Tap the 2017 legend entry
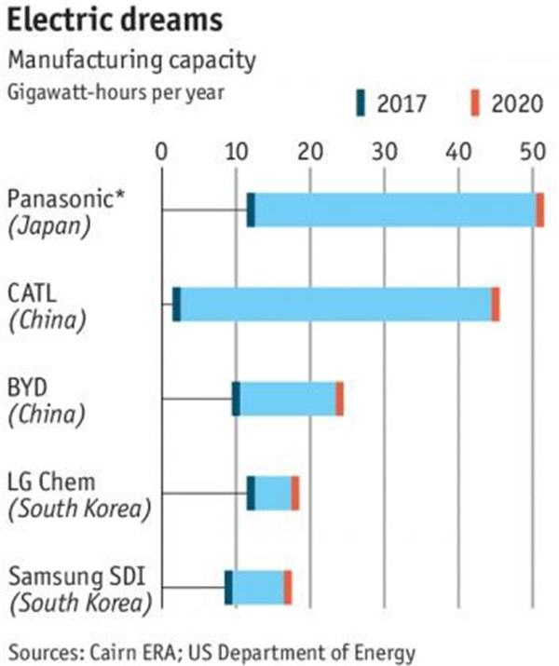[x=390, y=102]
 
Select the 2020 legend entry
[x=506, y=102]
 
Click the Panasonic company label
[x=58, y=199]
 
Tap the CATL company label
[x=33, y=293]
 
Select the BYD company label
[x=30, y=387]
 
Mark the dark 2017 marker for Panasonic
[x=251, y=211]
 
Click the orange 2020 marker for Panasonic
[x=539, y=211]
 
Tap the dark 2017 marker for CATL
[x=177, y=305]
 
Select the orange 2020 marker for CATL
[x=496, y=305]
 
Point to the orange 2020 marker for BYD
[x=340, y=399]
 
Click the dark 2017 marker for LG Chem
[x=251, y=493]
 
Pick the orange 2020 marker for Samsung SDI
[x=288, y=587]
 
